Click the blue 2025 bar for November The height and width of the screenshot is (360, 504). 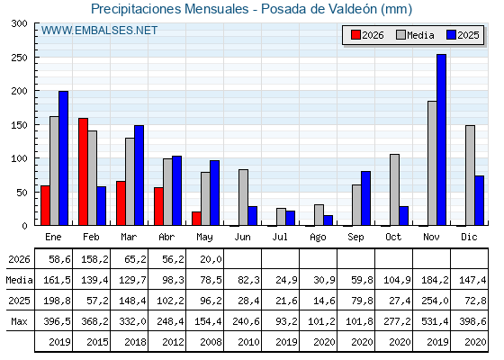tap(441, 139)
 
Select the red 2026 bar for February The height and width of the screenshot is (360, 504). tap(83, 172)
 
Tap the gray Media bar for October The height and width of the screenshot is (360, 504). tap(395, 190)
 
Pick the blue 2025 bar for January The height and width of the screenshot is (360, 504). tap(63, 158)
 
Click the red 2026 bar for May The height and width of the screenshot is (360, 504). tap(196, 219)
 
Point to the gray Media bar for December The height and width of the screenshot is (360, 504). tap(470, 175)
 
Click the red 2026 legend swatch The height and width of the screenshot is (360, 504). tap(355, 35)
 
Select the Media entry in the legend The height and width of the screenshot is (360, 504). tap(415, 35)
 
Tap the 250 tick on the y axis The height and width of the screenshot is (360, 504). tap(19, 58)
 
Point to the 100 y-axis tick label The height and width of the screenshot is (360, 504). tap(19, 158)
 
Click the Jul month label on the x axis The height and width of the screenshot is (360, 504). tap(280, 237)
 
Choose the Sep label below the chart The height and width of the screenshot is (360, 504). tap(355, 238)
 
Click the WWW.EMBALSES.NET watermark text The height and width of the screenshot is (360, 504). tap(99, 31)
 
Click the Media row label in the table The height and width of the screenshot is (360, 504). tap(19, 280)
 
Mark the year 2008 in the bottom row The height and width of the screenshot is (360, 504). tap(211, 342)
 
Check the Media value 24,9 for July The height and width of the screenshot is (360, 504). tap(287, 280)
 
